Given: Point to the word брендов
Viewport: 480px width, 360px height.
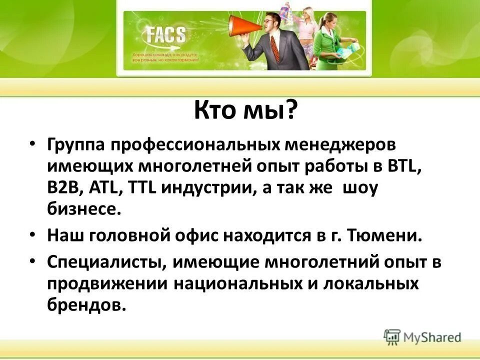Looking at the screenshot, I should coord(85,305).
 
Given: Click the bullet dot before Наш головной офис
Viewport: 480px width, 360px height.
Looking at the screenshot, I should coord(33,233).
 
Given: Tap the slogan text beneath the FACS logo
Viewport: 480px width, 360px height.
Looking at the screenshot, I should coord(165,56).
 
